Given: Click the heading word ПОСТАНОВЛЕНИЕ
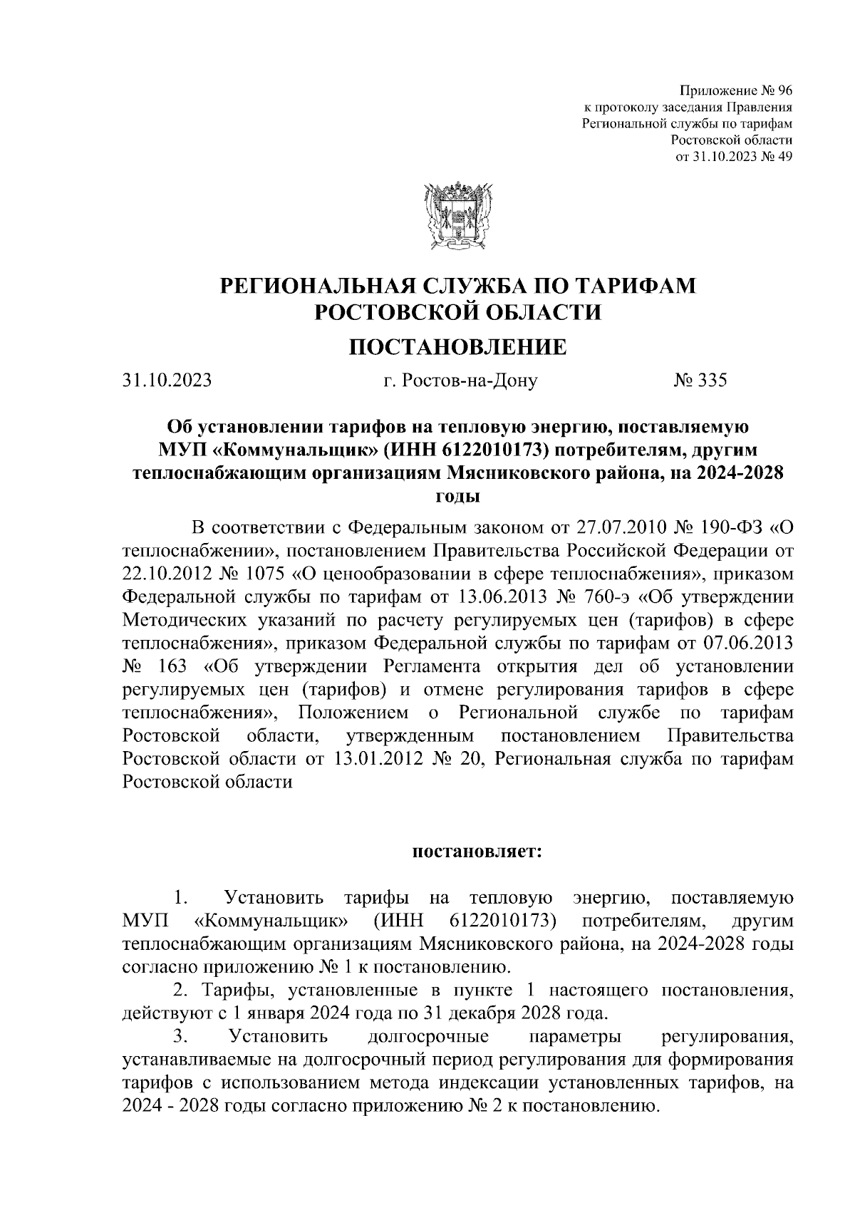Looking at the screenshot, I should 457,347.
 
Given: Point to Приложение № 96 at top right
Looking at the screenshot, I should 737,91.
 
